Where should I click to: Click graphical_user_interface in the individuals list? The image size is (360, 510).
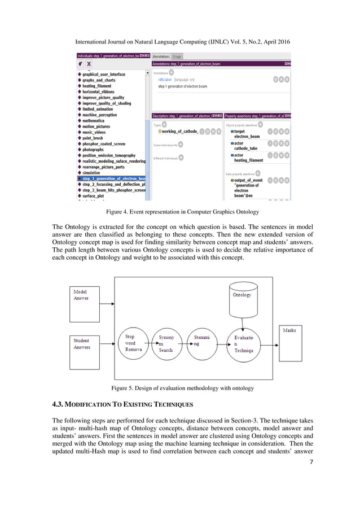click(x=104, y=74)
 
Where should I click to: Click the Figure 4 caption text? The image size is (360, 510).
click(x=179, y=212)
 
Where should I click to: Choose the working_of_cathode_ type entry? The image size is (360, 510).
click(x=179, y=131)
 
